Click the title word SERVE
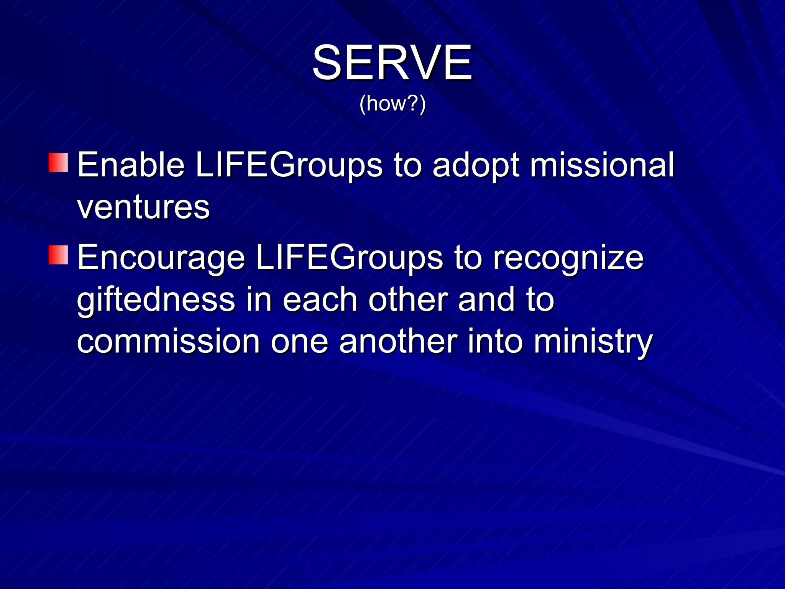pyautogui.click(x=392, y=63)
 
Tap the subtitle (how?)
pyautogui.click(x=392, y=104)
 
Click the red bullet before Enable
pyautogui.click(x=58, y=163)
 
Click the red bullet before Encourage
pyautogui.click(x=58, y=255)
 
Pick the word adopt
pyautogui.click(x=476, y=166)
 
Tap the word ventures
pyautogui.click(x=143, y=207)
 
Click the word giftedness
pyautogui.click(x=156, y=300)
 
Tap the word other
pyautogui.click(x=408, y=299)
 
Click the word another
pyautogui.click(x=398, y=342)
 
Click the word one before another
pyautogui.click(x=299, y=342)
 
